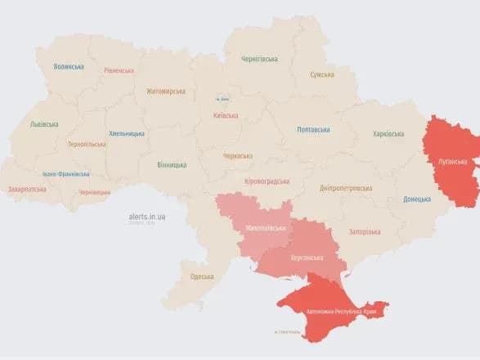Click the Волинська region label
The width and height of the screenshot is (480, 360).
tap(69, 66)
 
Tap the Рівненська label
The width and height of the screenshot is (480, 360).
tap(119, 70)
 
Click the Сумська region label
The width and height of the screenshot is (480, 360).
tap(321, 74)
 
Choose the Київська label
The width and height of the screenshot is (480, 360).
tap(225, 115)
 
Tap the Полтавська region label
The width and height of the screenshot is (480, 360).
tap(313, 129)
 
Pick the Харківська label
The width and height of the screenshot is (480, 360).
tap(388, 133)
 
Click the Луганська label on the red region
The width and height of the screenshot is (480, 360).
tap(451, 162)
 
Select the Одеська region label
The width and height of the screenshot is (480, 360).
tap(201, 276)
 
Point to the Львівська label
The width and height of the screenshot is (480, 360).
tap(43, 124)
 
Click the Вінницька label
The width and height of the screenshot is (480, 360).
tap(172, 164)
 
